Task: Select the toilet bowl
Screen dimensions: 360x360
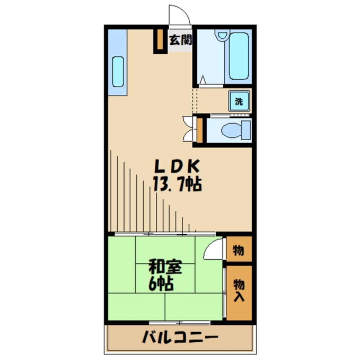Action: [x=231, y=130]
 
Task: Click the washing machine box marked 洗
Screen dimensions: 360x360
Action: [x=239, y=101]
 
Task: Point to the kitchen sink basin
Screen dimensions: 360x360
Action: [x=118, y=72]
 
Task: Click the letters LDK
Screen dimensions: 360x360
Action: [x=177, y=167]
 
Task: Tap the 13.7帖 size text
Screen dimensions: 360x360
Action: [x=177, y=185]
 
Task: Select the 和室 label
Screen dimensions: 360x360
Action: [x=166, y=268]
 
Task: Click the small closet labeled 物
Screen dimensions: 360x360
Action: [x=239, y=249]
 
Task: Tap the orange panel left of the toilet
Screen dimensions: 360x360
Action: [x=200, y=130]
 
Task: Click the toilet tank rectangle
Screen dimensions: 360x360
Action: [x=246, y=130]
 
